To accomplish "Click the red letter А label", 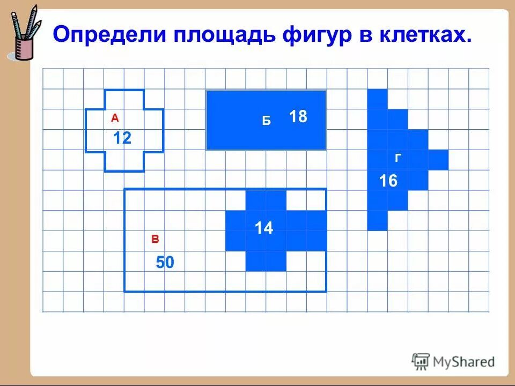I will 114,118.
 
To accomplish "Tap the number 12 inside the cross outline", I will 122,139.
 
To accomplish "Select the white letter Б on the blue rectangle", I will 266,122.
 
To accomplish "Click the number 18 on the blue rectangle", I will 298,116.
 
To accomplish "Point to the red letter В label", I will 155,240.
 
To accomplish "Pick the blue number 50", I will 165,263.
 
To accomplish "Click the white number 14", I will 264,228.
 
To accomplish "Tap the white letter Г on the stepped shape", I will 399,158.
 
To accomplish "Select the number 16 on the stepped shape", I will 388,181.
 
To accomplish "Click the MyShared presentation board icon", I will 421,361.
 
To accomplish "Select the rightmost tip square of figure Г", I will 438,160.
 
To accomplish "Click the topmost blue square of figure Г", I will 377,99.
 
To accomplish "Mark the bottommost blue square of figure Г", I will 377,220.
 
